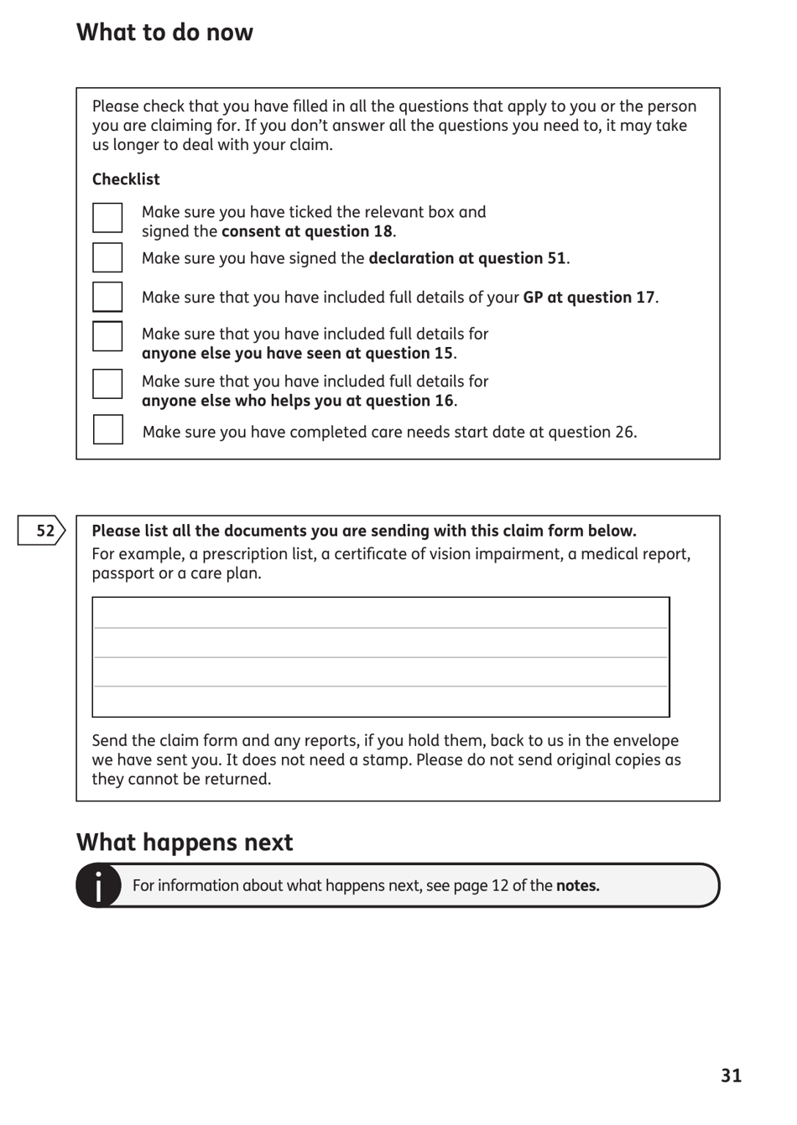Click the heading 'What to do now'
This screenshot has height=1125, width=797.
click(164, 33)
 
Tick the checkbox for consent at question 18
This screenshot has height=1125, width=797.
click(107, 218)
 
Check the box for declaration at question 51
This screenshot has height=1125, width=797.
click(107, 257)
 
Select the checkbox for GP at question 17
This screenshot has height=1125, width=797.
click(107, 297)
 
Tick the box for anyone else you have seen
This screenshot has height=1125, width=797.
click(107, 336)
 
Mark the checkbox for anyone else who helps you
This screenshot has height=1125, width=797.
click(107, 384)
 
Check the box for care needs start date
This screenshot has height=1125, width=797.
click(107, 430)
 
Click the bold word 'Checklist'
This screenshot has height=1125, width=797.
click(126, 179)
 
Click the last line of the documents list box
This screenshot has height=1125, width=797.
click(380, 702)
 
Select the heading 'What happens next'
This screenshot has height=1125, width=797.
click(185, 842)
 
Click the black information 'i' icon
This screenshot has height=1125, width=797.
click(98, 886)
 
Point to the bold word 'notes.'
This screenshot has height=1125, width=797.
click(577, 886)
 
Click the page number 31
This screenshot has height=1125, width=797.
click(731, 1076)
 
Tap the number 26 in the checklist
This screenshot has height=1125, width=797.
click(624, 433)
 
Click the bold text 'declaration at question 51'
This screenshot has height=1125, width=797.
click(467, 258)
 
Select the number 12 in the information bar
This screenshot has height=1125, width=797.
click(499, 886)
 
